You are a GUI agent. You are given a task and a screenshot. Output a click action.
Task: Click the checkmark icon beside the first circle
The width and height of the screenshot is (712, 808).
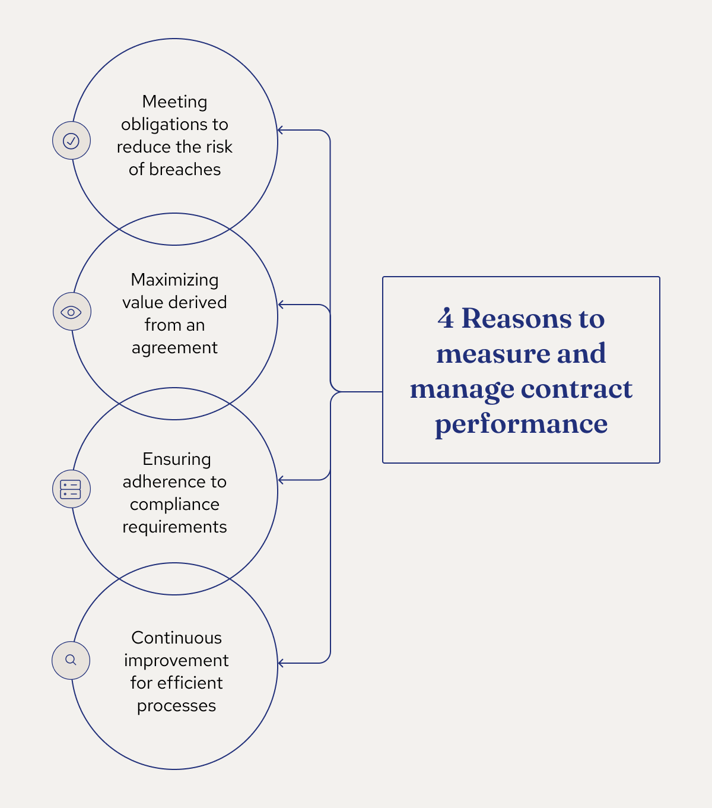[71, 141]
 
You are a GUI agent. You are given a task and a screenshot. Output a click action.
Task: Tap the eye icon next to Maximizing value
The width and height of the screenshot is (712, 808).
[71, 312]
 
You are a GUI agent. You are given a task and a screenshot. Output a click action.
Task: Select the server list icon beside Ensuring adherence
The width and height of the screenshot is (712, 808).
[71, 489]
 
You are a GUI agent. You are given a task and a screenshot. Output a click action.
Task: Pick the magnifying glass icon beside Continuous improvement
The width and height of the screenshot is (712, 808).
[71, 660]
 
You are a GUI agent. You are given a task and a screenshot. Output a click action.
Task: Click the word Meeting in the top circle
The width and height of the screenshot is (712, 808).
[174, 102]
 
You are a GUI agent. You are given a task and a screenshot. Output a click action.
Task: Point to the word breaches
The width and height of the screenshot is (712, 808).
[185, 170]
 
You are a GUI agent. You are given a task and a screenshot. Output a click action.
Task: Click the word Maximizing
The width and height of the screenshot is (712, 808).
[174, 280]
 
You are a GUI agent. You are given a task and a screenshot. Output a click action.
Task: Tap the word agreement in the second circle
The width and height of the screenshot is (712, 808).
[174, 348]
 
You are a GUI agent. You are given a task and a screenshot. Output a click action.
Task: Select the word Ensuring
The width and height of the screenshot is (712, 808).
[176, 460]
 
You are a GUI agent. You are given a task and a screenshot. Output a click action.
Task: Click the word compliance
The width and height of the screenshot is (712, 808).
[174, 505]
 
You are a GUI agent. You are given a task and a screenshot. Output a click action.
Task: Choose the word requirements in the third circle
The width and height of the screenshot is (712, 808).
[174, 527]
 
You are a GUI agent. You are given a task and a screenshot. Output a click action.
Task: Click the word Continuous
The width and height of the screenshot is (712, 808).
[176, 638]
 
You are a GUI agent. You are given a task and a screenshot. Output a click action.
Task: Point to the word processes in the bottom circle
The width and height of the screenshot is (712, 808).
[176, 706]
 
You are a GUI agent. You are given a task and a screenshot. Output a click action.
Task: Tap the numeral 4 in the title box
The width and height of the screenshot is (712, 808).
[446, 319]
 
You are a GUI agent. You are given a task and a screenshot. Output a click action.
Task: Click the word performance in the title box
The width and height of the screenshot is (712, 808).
[521, 424]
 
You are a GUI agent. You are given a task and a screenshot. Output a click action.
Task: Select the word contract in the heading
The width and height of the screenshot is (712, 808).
[576, 389]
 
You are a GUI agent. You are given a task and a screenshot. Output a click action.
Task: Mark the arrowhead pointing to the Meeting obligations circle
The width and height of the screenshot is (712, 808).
[281, 130]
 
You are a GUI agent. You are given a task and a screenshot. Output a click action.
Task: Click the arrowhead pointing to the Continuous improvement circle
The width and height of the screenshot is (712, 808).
[281, 663]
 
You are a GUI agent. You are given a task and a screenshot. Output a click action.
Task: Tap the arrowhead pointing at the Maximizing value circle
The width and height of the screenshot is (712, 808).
[281, 305]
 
